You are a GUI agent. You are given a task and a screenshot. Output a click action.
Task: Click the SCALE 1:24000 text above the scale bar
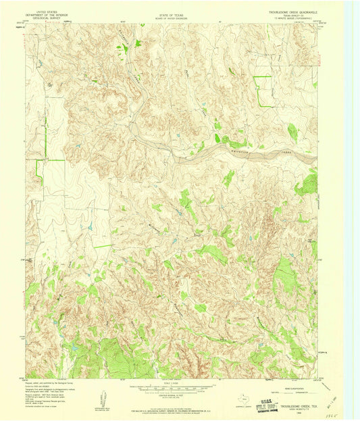click(172, 382)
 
